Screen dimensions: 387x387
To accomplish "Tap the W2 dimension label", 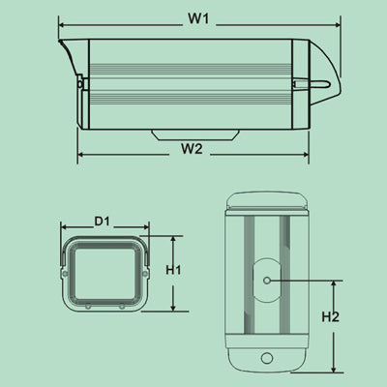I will [192, 148].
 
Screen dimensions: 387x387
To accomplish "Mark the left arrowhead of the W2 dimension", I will [81, 155].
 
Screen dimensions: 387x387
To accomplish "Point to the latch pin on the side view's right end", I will [320, 82].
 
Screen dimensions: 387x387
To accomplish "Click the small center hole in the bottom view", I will [266, 282].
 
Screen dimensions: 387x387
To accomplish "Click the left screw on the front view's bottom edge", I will [87, 305].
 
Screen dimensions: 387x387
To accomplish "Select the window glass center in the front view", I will [104, 271].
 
